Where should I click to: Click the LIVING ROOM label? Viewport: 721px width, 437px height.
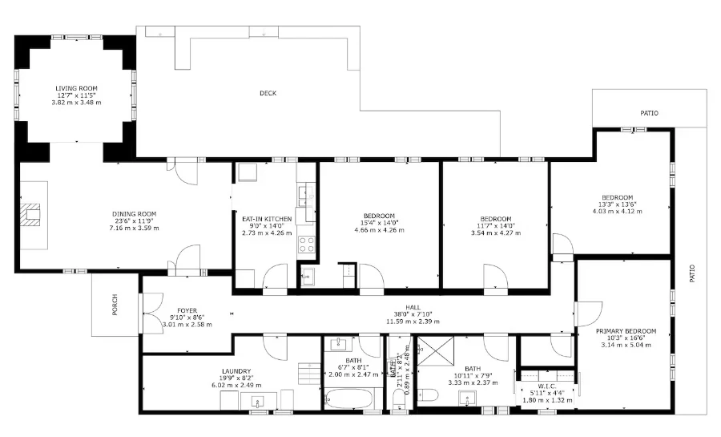pos(77,88)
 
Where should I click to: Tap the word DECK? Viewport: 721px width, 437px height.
pos(268,94)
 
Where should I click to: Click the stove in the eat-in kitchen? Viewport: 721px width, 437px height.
pos(307,245)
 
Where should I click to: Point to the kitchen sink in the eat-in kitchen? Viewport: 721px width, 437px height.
pos(304,193)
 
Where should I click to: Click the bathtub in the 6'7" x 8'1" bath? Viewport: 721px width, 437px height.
pos(348,398)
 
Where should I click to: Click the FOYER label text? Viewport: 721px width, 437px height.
pos(187,310)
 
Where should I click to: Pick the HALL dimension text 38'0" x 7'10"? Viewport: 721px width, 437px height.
pos(413,314)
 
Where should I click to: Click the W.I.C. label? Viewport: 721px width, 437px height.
pos(547,386)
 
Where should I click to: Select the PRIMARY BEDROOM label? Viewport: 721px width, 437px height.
pos(626,331)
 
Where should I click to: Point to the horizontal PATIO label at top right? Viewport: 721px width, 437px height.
pos(649,114)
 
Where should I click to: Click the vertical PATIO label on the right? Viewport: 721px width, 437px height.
pos(693,273)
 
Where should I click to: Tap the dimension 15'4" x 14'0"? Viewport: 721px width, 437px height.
pos(379,223)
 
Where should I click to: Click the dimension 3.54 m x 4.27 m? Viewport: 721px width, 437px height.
pos(495,233)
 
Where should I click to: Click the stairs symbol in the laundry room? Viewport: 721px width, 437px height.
pos(309,373)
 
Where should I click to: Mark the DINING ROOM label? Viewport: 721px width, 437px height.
pos(134,214)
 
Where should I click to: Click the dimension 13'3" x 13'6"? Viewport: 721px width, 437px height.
pos(617,204)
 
